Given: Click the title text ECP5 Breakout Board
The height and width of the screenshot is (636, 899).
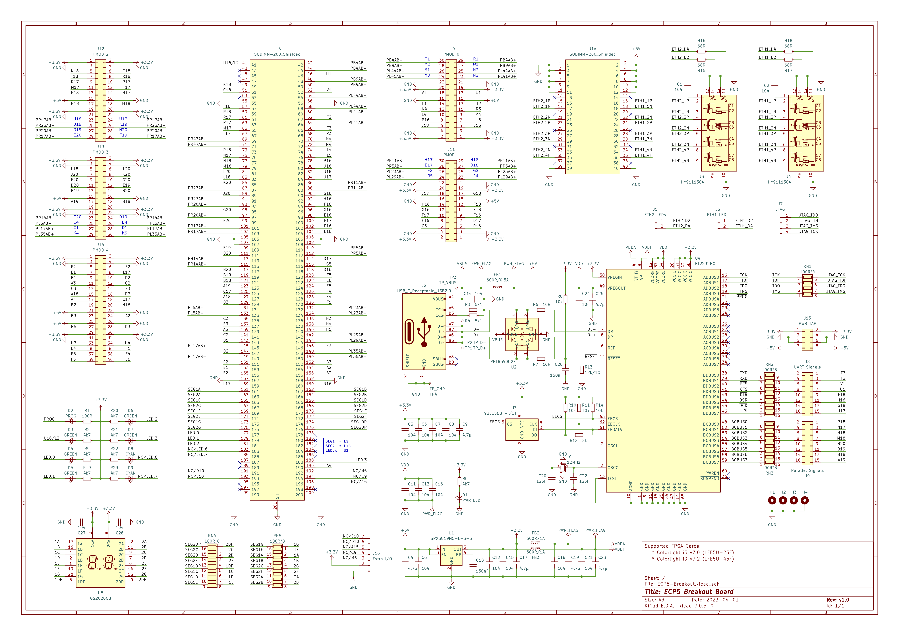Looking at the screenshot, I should (689, 592).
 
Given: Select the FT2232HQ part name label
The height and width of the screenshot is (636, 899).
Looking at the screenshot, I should (705, 264).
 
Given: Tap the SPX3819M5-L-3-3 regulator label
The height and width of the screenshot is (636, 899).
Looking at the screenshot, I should (451, 538).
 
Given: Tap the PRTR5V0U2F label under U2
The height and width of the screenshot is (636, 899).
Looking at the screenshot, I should (503, 362).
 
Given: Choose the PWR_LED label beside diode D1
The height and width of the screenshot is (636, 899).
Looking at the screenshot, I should (471, 500).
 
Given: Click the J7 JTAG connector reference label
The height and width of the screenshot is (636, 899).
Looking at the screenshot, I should (780, 204).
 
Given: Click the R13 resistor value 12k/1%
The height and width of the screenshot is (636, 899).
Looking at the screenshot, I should (593, 373).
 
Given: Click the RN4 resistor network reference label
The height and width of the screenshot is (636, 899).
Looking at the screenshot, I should (212, 536).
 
